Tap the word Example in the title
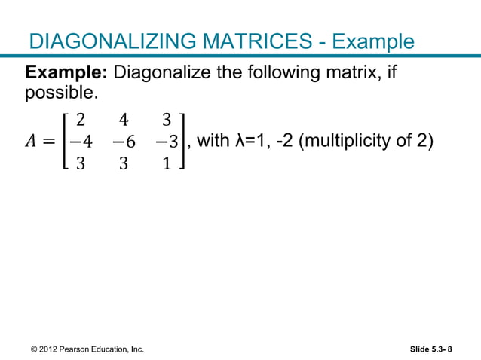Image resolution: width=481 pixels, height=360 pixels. click(x=373, y=41)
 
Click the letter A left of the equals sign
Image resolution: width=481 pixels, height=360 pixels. click(x=33, y=141)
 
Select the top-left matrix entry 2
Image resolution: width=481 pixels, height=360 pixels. click(x=81, y=119)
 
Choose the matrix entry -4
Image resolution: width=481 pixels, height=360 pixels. click(x=78, y=141)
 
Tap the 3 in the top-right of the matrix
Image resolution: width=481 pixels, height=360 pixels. click(x=167, y=119)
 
